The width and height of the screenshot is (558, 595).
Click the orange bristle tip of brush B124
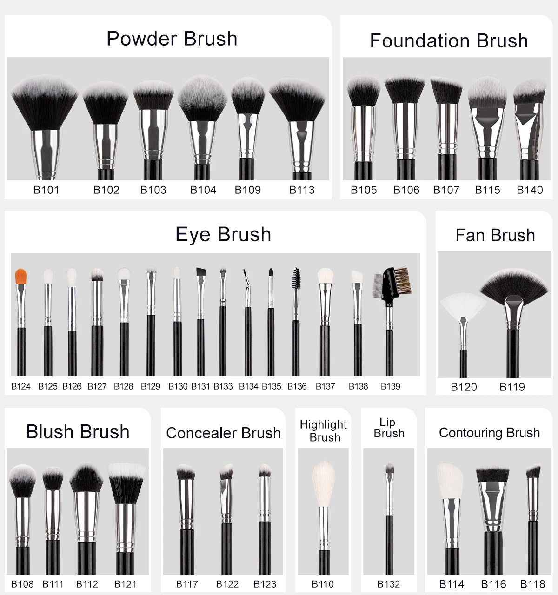[20, 277]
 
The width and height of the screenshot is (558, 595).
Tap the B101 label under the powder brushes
[46, 190]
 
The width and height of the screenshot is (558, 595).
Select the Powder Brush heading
[172, 39]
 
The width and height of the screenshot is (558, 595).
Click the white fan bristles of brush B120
[463, 304]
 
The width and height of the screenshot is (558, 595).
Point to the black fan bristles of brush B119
[514, 283]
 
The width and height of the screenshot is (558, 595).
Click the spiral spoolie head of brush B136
[296, 278]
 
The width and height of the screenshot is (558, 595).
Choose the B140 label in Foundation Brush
[530, 190]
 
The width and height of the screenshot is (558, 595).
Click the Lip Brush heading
[389, 428]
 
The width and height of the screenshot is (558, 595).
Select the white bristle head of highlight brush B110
[324, 483]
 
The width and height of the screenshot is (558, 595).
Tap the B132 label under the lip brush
[389, 584]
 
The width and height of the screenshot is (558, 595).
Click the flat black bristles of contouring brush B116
[492, 474]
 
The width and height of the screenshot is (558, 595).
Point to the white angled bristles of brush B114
[450, 481]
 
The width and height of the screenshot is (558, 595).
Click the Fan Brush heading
[495, 235]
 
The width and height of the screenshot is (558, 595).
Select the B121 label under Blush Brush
[126, 584]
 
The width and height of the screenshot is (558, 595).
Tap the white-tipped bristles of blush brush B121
[126, 483]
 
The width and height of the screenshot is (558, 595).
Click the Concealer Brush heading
[223, 433]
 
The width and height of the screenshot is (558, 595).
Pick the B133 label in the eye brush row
[223, 386]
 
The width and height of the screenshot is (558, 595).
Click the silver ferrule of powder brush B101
[46, 153]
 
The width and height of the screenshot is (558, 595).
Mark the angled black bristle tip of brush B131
[201, 272]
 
